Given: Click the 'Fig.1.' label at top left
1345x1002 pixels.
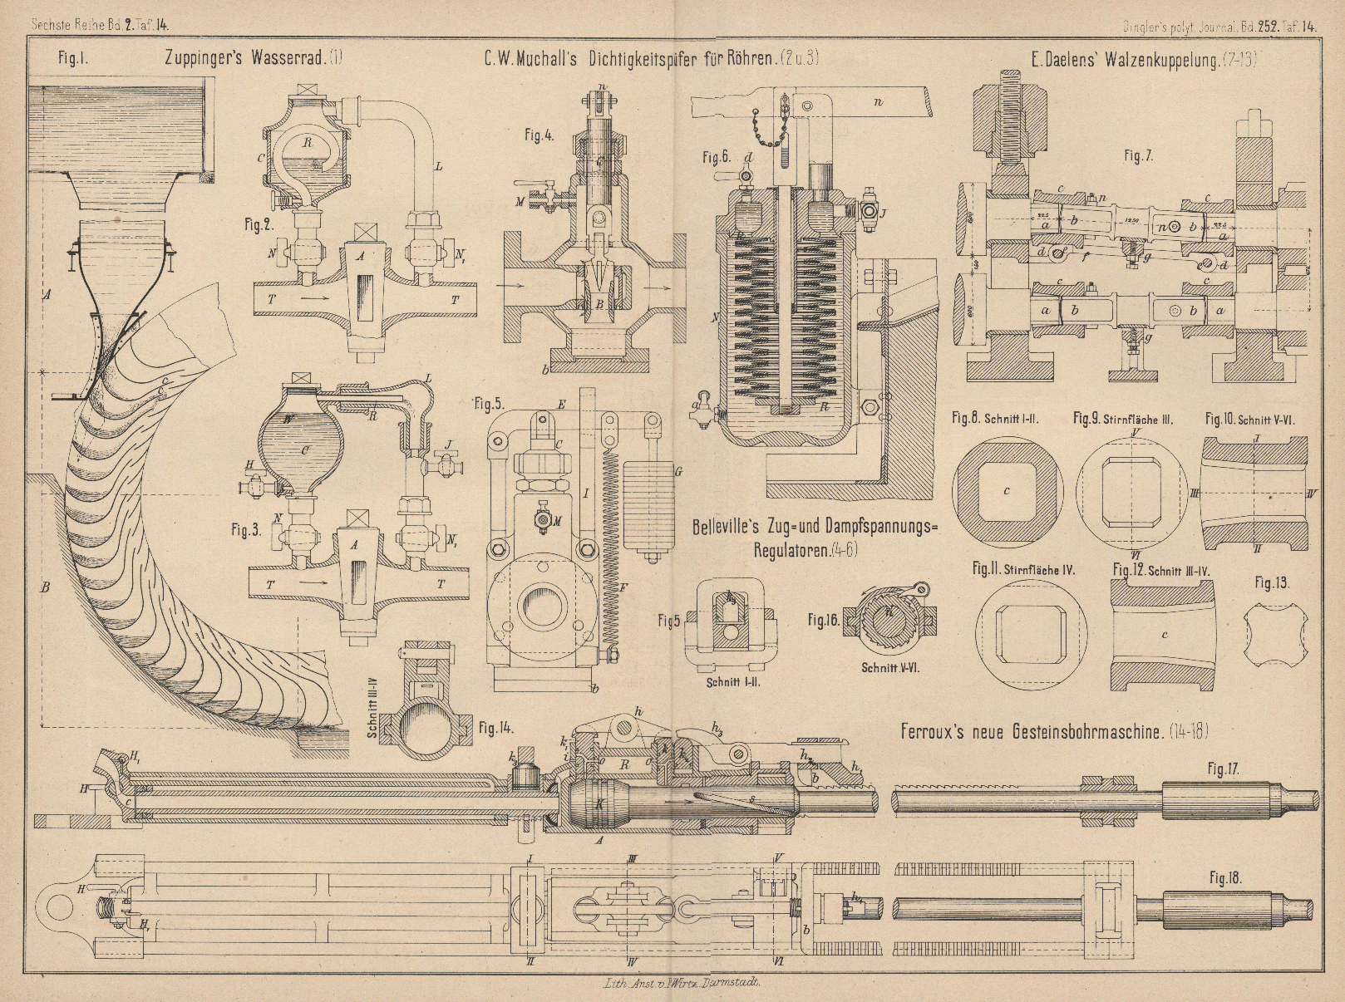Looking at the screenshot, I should [73, 59].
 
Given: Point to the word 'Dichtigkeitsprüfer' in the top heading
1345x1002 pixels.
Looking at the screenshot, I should [665, 59].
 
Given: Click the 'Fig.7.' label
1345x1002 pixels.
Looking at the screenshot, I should [1138, 155].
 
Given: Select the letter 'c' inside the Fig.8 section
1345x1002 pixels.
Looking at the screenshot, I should [1007, 491].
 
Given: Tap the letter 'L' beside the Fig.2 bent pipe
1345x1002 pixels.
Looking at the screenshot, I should [438, 168].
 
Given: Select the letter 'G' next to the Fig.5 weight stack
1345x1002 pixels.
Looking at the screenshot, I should [679, 472].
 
